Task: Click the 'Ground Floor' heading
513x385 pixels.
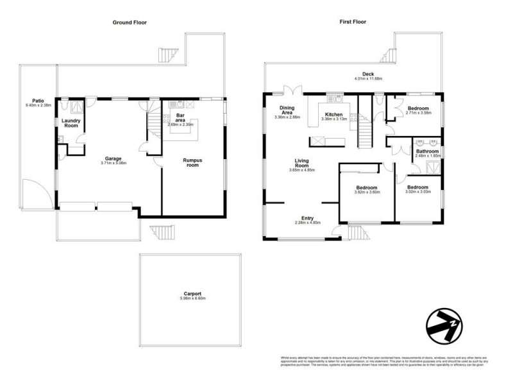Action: point(130,22)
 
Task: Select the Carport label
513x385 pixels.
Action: point(191,294)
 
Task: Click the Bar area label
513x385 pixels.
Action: point(180,117)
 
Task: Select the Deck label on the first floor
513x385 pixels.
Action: point(368,74)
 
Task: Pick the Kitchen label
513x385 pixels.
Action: point(333,114)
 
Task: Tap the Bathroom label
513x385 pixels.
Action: point(427,151)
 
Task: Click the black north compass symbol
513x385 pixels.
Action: point(444,327)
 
